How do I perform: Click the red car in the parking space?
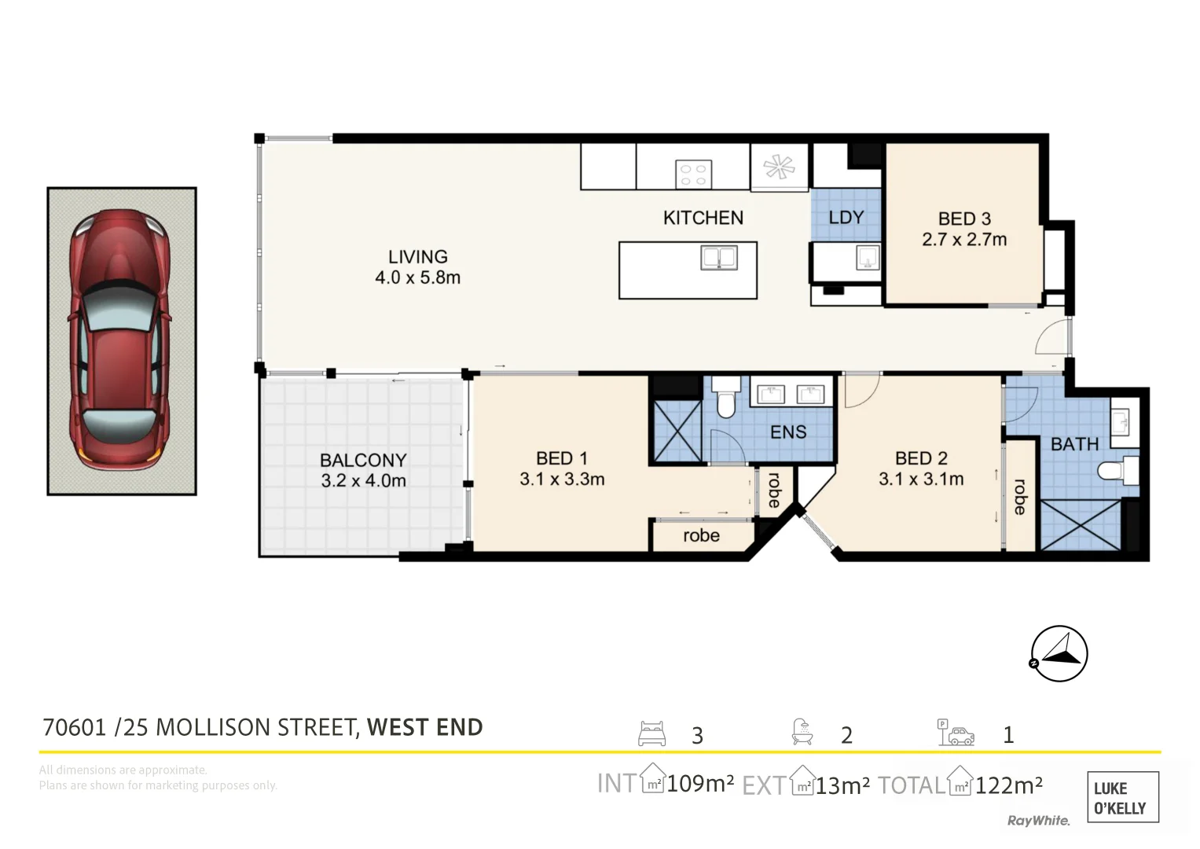tap(120, 340)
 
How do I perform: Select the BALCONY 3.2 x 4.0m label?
tap(363, 470)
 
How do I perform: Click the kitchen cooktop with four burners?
tap(693, 174)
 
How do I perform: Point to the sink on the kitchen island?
tap(718, 258)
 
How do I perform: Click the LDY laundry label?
tap(846, 218)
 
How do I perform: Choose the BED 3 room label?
tap(964, 229)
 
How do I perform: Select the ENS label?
tap(787, 432)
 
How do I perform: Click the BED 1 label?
tap(562, 469)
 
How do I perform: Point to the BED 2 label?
tap(921, 469)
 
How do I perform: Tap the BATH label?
tap(1074, 444)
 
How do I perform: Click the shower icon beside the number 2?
tap(802, 733)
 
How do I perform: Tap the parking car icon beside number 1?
tap(956, 733)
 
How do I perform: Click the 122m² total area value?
tap(1008, 785)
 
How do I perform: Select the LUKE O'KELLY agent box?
tap(1121, 797)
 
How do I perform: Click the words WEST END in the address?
tap(424, 728)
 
